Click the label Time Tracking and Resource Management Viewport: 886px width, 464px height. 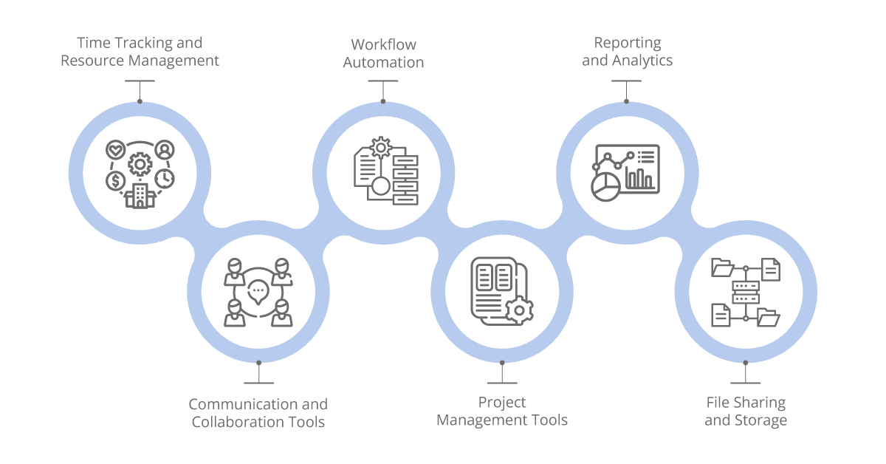click(x=140, y=52)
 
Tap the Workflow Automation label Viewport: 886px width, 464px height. click(x=383, y=54)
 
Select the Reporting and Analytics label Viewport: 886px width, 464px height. click(x=627, y=52)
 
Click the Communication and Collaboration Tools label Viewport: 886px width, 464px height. click(x=258, y=413)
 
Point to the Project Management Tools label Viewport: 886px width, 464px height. click(x=502, y=412)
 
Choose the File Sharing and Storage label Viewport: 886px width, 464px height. click(x=746, y=412)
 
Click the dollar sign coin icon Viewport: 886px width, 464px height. click(x=115, y=180)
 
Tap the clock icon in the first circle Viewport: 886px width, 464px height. click(x=165, y=178)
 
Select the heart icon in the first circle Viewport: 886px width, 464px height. click(x=116, y=150)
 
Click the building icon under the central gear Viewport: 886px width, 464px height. click(x=140, y=196)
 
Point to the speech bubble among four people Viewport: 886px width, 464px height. click(x=258, y=291)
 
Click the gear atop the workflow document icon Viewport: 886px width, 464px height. click(x=381, y=147)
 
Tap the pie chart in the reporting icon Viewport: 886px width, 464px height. click(x=605, y=185)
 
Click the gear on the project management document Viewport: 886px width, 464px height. click(x=520, y=311)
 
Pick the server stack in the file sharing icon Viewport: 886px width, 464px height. click(x=746, y=292)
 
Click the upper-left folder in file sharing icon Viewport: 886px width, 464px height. click(x=722, y=267)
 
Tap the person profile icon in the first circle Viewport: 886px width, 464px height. click(x=165, y=150)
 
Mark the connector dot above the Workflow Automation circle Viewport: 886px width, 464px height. click(x=383, y=102)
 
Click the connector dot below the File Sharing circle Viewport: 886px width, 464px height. click(x=746, y=362)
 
